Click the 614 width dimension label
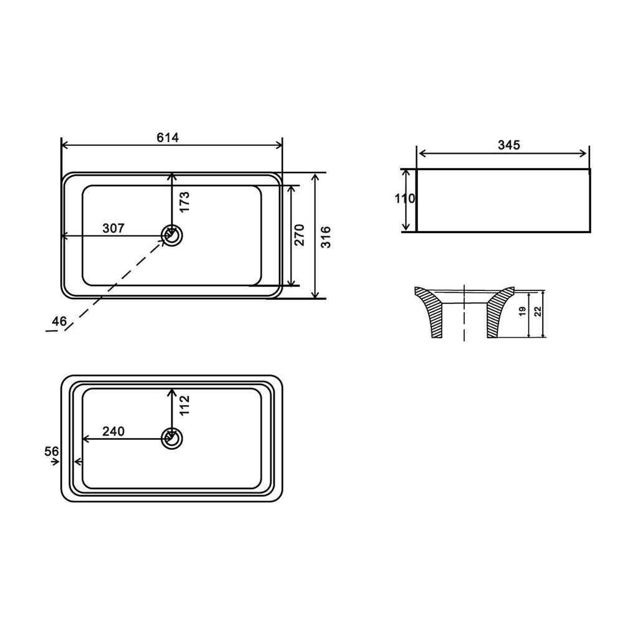click(168, 138)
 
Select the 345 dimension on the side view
click(508, 145)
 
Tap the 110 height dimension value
click(404, 199)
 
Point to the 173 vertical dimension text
click(184, 202)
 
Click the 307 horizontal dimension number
click(113, 228)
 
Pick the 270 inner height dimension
click(299, 235)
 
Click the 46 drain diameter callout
click(59, 321)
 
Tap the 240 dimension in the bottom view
click(113, 431)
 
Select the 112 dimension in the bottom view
click(184, 406)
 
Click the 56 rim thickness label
click(52, 450)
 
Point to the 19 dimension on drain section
click(522, 310)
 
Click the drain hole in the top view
click(171, 236)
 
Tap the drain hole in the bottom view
click(171, 439)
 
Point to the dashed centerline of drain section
click(465, 318)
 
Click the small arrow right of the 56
click(56, 462)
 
